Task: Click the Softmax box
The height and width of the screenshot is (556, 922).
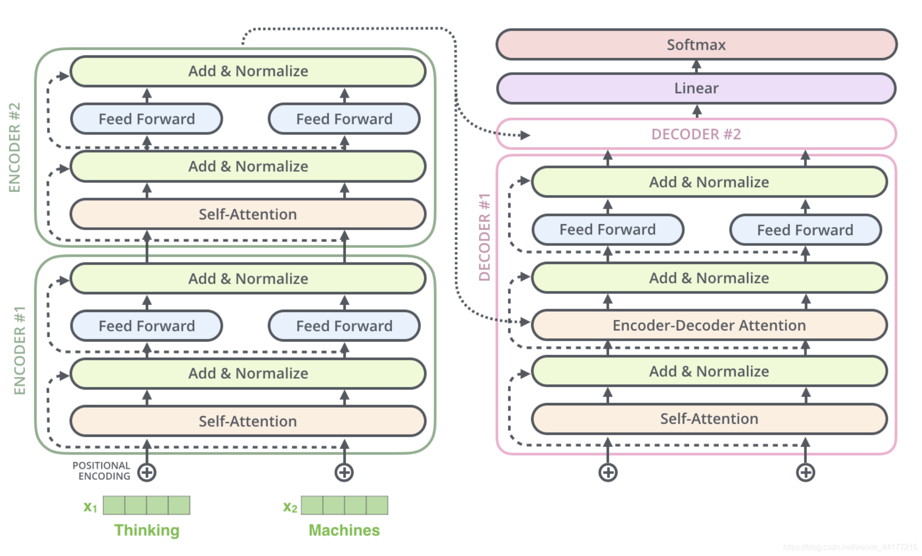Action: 696,44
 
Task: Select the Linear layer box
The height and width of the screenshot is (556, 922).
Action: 696,88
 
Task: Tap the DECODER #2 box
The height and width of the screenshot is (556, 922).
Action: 696,134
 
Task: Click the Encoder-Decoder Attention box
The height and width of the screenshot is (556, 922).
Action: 709,325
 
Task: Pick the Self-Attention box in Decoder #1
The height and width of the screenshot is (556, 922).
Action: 709,419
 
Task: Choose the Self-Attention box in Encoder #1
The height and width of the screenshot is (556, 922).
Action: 248,421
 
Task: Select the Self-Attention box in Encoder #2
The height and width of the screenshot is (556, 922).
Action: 248,214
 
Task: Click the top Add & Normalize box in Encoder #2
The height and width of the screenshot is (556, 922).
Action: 248,71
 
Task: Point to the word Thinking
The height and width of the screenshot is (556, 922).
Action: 147,530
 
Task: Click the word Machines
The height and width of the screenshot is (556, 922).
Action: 344,530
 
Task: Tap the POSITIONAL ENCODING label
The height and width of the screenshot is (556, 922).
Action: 102,471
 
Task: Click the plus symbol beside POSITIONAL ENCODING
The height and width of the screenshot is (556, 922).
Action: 147,473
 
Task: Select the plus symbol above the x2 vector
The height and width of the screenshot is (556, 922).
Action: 344,473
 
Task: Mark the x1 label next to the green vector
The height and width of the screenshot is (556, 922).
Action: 90,507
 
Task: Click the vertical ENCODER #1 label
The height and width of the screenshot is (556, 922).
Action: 20,351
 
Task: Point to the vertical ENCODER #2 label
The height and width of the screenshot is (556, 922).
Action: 15,147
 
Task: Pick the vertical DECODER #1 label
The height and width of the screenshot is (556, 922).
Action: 485,238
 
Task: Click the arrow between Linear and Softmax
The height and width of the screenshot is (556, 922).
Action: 697,67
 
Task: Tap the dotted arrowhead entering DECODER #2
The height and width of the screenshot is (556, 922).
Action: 525,135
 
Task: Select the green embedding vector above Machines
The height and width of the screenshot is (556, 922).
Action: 344,505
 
